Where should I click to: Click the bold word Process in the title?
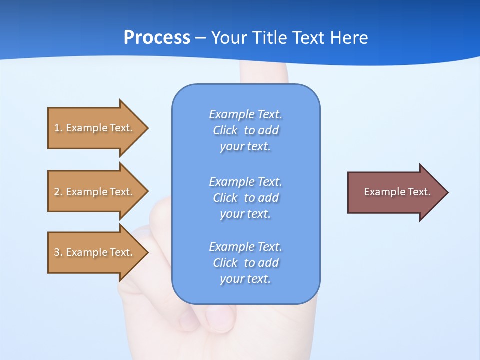pyautogui.click(x=157, y=38)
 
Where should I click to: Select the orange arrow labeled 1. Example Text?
pyautogui.click(x=95, y=128)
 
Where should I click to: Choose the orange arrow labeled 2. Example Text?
pyautogui.click(x=95, y=192)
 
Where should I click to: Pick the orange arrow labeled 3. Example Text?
pyautogui.click(x=95, y=252)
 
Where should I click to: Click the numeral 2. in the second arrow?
pyautogui.click(x=58, y=192)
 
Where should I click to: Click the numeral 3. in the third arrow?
pyautogui.click(x=58, y=252)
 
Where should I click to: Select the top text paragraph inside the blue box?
pyautogui.click(x=246, y=130)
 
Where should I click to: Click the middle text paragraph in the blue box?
pyautogui.click(x=246, y=198)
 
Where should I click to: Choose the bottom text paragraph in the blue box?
pyautogui.click(x=246, y=263)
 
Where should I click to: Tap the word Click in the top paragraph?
pyautogui.click(x=225, y=130)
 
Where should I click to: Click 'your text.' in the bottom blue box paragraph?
pyautogui.click(x=245, y=279)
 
